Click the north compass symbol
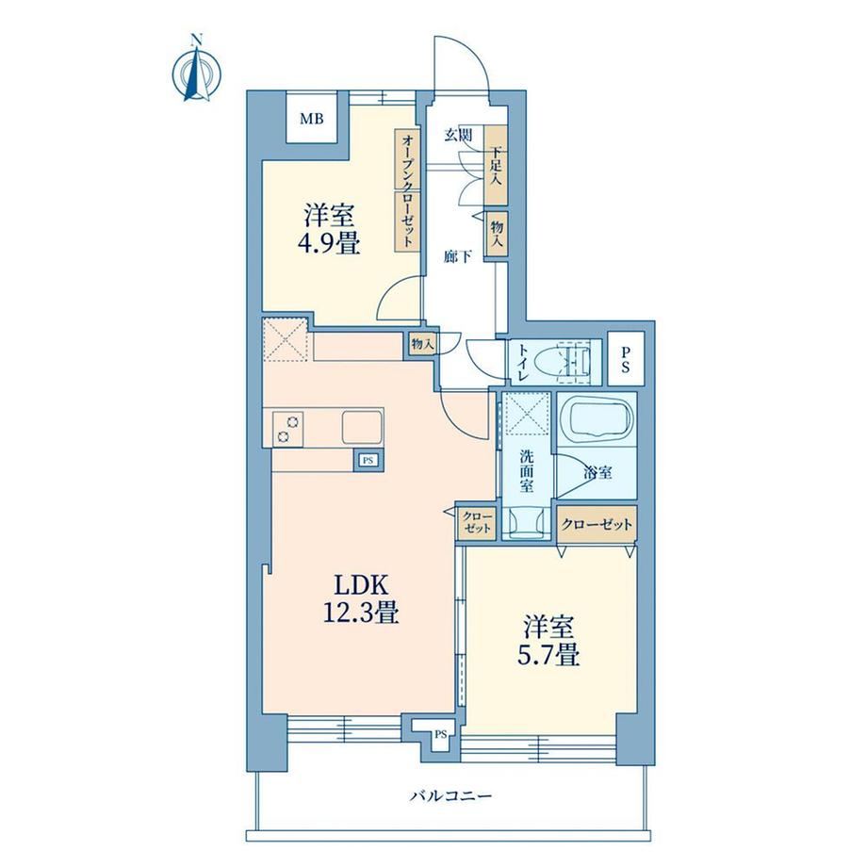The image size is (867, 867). (x=196, y=70)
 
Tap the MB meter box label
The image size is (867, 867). (x=312, y=119)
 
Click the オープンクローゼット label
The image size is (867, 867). (x=407, y=190)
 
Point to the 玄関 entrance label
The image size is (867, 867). (x=458, y=135)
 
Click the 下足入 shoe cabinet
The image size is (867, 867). (x=496, y=165)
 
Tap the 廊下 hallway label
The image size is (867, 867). (x=458, y=256)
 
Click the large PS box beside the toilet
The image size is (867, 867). (x=626, y=359)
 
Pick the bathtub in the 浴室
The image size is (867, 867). (x=596, y=419)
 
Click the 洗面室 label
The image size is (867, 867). (x=527, y=471)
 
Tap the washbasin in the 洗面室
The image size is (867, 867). (x=527, y=522)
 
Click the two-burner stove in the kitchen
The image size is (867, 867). (x=287, y=430)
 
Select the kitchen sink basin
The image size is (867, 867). (x=362, y=426)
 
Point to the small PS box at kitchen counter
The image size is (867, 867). (x=368, y=460)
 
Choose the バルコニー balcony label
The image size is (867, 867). (x=450, y=796)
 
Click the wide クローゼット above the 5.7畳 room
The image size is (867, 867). (x=597, y=524)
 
